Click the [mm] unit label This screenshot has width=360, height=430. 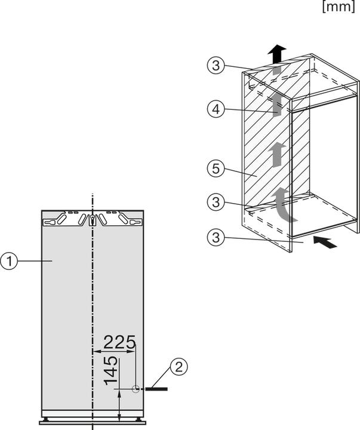[340, 7]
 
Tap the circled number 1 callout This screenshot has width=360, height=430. [9, 262]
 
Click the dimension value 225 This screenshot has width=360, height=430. [119, 342]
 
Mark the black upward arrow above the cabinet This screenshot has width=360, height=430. [276, 54]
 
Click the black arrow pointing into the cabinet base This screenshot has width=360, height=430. [325, 242]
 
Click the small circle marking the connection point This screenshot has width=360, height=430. [136, 389]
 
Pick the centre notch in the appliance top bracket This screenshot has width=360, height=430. [93, 220]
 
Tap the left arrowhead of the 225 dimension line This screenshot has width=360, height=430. [96, 351]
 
